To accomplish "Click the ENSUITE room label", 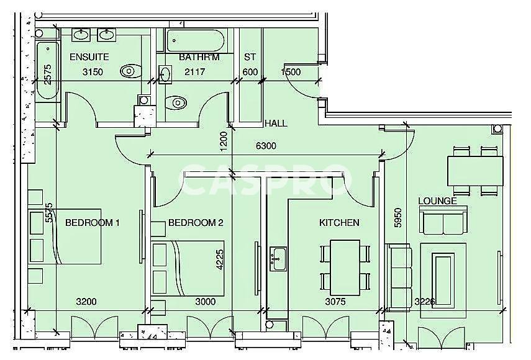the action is (89, 57).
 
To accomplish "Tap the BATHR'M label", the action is (199, 57).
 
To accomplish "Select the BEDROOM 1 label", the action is (92, 223).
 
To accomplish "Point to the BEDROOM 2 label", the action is (196, 223).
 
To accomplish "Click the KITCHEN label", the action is (339, 223).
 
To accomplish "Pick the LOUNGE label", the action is (438, 201).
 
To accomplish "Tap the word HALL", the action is (276, 124).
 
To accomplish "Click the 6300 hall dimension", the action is (266, 146).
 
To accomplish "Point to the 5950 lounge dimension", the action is (398, 218).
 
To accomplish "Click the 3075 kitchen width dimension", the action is (335, 302).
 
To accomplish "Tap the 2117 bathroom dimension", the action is (195, 72).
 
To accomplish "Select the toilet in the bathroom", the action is (176, 102).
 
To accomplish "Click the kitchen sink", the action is (278, 259).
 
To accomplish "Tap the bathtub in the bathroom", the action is (195, 40).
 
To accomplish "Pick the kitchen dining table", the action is (345, 268).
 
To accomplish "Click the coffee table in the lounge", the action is (443, 281).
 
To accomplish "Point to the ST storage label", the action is (250, 57).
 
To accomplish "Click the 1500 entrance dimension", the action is (291, 72).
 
